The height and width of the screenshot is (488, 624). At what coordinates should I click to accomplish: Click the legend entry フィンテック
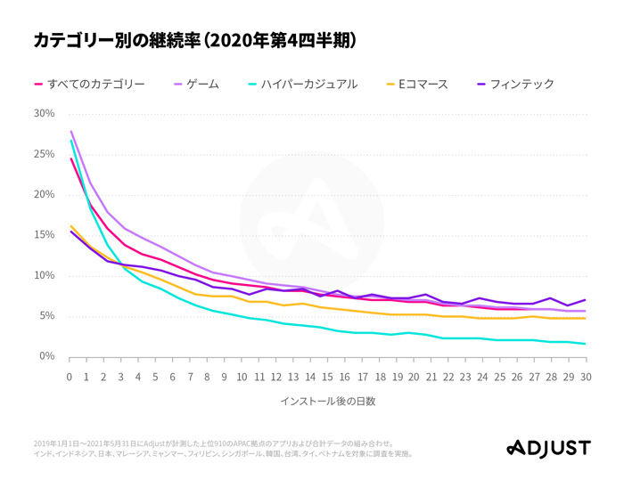(516, 84)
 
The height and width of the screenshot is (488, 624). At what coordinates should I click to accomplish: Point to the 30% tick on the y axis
(44, 114)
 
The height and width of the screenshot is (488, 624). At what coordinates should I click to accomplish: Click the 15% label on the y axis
(44, 235)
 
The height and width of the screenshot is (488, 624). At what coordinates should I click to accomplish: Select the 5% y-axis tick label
(46, 316)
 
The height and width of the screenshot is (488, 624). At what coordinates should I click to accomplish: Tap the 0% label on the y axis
(46, 357)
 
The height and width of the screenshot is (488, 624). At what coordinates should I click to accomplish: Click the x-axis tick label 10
(242, 376)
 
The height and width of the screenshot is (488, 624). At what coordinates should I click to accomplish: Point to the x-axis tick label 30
(586, 376)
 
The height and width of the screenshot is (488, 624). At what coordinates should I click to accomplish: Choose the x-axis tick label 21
(431, 376)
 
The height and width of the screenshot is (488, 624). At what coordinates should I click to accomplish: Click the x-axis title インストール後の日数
(327, 401)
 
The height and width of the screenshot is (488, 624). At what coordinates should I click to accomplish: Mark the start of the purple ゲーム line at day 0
(70, 132)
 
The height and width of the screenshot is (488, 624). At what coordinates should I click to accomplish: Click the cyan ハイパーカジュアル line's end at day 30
(586, 344)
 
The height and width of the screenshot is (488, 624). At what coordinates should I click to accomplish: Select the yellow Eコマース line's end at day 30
(586, 318)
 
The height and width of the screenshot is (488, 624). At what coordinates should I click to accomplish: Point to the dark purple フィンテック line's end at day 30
(586, 300)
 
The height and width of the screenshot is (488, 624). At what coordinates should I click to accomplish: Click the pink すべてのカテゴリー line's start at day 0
(70, 159)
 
